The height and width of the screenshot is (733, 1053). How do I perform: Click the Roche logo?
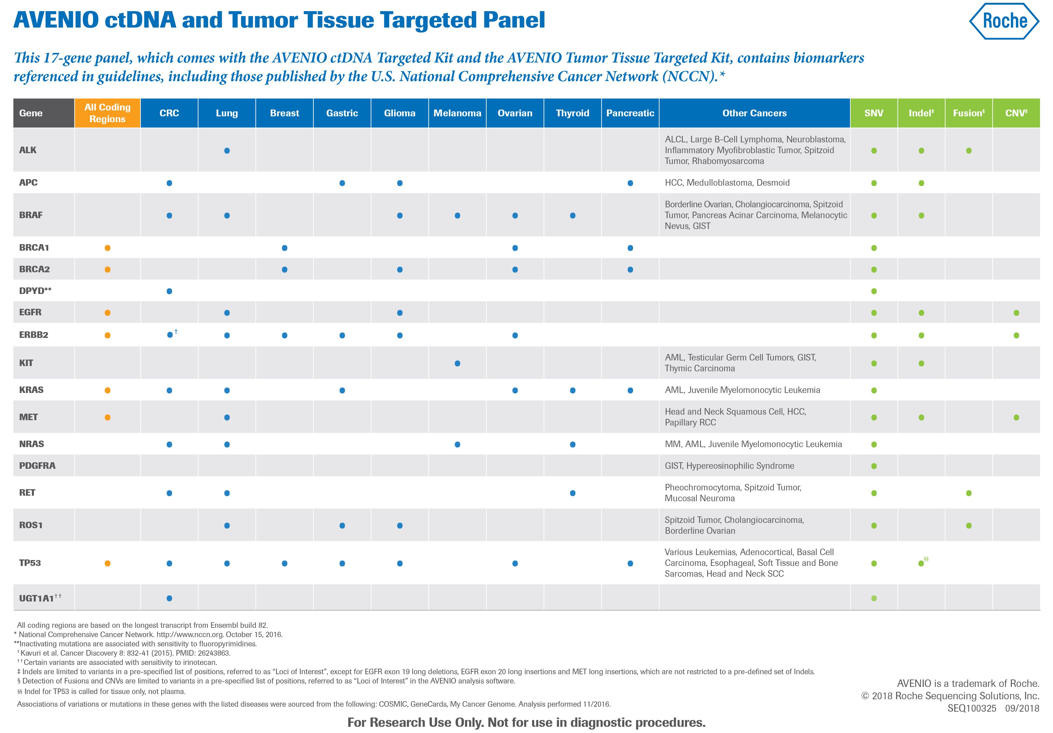coord(1004,21)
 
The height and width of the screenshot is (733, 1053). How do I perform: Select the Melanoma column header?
coord(457,113)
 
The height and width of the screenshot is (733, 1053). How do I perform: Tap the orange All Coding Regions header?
coord(107,113)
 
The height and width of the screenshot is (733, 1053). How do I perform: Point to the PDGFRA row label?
coord(37,466)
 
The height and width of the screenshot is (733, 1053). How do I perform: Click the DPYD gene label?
coord(35,291)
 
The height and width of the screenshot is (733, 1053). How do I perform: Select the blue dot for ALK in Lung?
coord(227,150)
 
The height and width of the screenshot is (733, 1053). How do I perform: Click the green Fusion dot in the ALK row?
coord(969,150)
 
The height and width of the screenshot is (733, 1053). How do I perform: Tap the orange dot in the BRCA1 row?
coord(107,248)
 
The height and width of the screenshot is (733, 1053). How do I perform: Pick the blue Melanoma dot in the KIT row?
coord(457,363)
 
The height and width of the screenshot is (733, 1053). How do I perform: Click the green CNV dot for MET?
coord(1016,417)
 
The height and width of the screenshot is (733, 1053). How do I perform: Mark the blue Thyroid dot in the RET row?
coord(572,493)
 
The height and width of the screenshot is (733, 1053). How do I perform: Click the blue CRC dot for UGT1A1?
coord(169,598)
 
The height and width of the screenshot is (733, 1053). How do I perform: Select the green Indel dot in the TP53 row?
coord(921,563)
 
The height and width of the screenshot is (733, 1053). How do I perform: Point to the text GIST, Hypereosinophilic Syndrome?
coord(729,466)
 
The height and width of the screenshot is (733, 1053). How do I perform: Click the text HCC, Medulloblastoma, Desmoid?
coord(727,183)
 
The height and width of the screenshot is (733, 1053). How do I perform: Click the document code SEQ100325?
coord(971,708)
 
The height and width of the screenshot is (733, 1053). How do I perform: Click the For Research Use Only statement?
coord(526,722)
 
